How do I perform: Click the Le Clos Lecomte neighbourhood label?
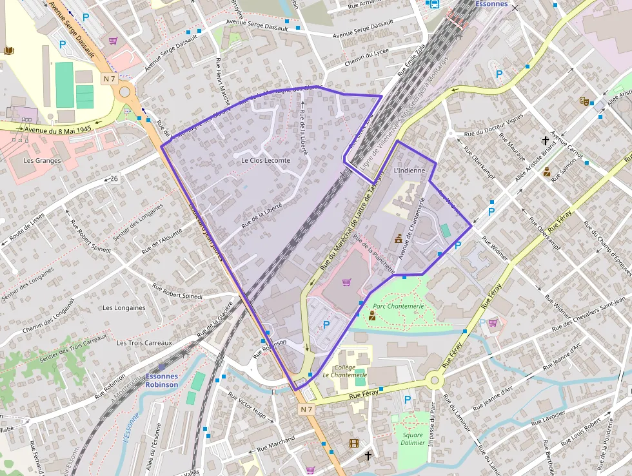pos(266,160)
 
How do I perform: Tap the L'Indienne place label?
pos(409,171)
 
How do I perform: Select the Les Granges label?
pos(41,160)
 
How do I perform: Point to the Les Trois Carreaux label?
pos(144,342)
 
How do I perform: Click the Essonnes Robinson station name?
pos(161,380)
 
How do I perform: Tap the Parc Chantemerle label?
pos(398,305)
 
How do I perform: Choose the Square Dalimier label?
pos(412,439)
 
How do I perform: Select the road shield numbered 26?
pos(114,178)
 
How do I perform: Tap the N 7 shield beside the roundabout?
pos(109,78)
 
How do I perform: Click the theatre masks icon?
pos(584,101)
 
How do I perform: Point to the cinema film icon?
pos(353,443)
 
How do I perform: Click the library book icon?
pos(8,50)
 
